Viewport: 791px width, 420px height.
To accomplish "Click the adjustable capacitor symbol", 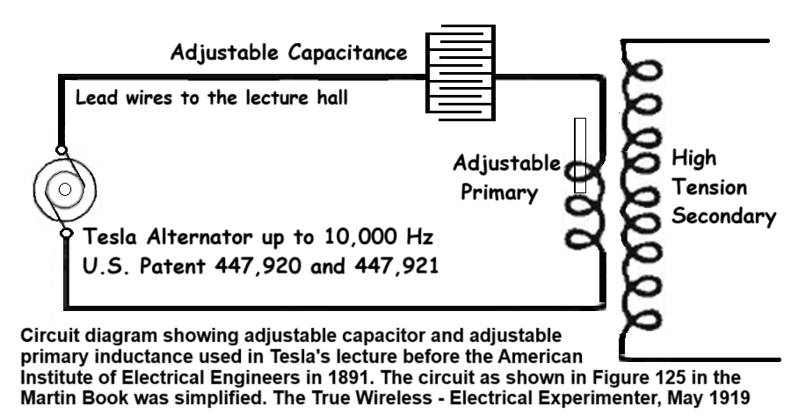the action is point(461,73).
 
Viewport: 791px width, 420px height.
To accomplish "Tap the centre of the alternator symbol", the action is point(64,189).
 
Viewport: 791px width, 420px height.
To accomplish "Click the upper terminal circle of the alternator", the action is point(61,149).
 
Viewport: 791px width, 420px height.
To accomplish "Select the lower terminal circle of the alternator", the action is point(66,233).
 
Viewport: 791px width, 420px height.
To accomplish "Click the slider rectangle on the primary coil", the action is point(580,156).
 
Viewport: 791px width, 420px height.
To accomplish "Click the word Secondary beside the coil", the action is point(723,216).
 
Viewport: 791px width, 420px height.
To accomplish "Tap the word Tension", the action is point(709,187).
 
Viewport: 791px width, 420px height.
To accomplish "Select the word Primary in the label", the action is point(499,192).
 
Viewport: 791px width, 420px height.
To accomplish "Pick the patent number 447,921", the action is point(396,265).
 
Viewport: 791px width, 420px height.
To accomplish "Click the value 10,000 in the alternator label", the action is point(360,237).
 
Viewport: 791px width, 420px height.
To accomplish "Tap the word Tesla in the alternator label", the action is point(110,236).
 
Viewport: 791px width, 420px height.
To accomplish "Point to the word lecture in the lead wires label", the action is point(278,98).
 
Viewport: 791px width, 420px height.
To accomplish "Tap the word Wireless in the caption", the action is point(395,398).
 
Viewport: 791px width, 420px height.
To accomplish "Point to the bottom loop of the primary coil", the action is point(584,237).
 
